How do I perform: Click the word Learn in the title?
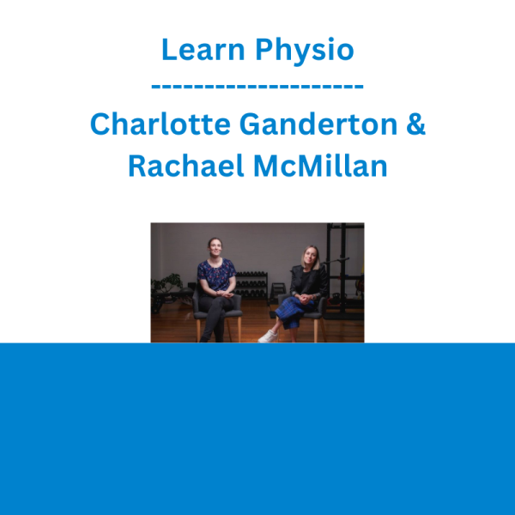203,49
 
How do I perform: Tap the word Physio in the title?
305,51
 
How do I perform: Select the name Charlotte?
160,124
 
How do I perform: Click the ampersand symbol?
415,124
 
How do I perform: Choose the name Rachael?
186,165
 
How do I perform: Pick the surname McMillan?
320,165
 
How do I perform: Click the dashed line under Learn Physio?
257,87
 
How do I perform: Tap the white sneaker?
268,336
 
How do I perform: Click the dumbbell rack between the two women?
252,285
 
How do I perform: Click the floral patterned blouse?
216,275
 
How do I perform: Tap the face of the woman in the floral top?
215,247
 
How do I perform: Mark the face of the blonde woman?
310,257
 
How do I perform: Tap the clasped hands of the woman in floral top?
226,294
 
